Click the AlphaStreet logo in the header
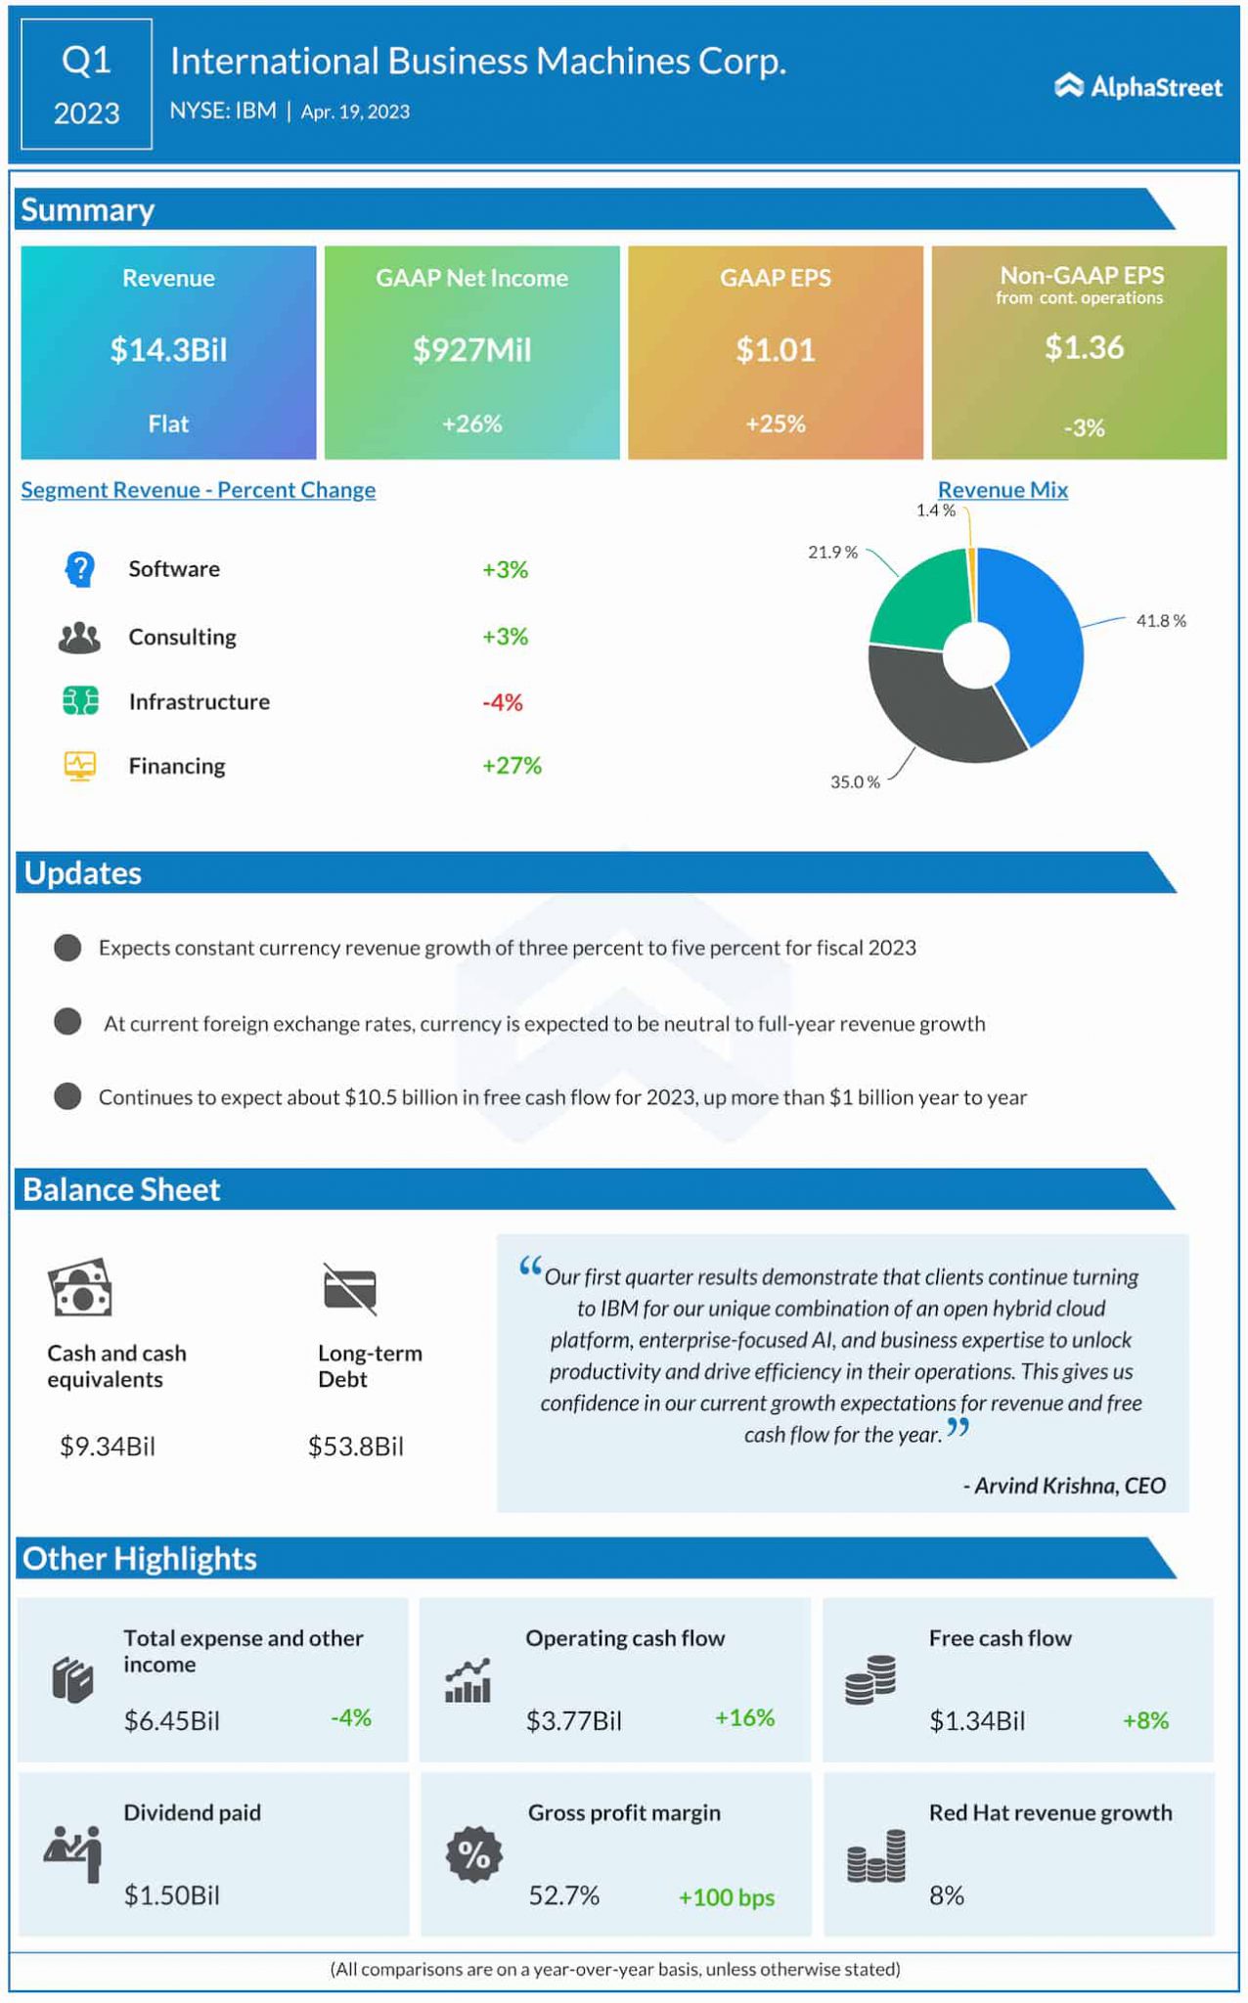tap(1137, 87)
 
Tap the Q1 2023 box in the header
tap(86, 85)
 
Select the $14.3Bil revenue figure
tap(168, 349)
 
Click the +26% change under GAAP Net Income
tap(471, 423)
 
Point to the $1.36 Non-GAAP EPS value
tap(1084, 347)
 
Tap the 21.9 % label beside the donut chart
tap(832, 553)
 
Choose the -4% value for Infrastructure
tap(503, 702)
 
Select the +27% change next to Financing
tap(512, 766)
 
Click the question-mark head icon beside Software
tap(79, 569)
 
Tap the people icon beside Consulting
tap(79, 638)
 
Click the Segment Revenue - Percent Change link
tap(199, 490)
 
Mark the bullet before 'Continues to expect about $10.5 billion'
tap(67, 1096)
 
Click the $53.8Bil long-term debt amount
tap(355, 1447)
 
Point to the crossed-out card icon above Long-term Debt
tap(349, 1288)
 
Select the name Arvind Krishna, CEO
tap(1064, 1486)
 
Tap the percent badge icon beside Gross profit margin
tap(474, 1854)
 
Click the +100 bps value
tap(726, 1897)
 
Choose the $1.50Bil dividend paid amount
tap(171, 1895)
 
